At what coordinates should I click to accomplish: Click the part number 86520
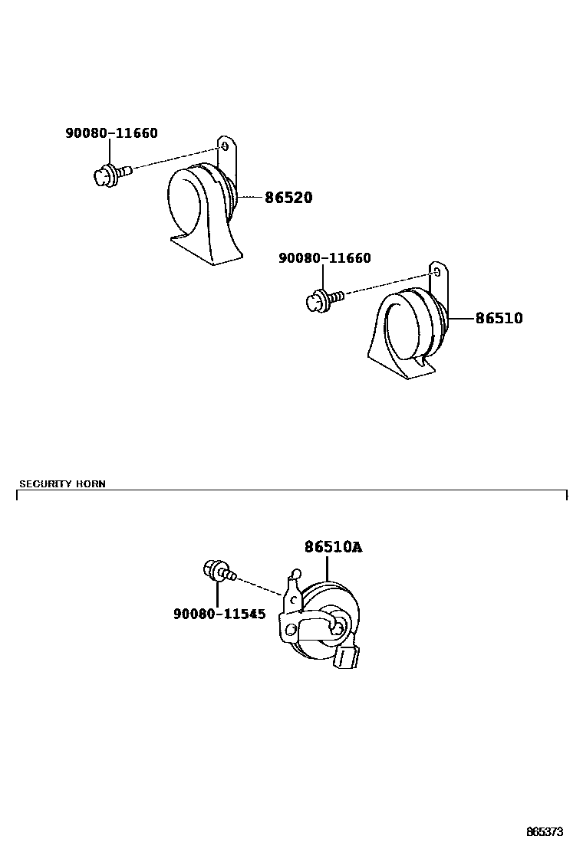[288, 198]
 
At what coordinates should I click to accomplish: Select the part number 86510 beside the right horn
[499, 317]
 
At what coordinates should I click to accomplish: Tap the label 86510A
[332, 547]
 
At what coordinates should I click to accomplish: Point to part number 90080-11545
[219, 614]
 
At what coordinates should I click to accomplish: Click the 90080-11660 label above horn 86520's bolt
[111, 133]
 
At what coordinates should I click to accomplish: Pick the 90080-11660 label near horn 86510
[324, 258]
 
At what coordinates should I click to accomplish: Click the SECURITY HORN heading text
[62, 483]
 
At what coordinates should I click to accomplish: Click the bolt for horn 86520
[110, 174]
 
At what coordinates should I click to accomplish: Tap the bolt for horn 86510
[322, 299]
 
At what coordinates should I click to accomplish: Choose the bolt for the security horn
[217, 571]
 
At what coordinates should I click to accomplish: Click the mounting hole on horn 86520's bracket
[224, 146]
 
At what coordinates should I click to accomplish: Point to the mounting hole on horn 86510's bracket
[436, 270]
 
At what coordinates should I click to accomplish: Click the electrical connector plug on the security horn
[347, 656]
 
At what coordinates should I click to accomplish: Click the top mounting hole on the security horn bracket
[295, 574]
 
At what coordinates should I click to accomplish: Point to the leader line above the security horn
[327, 569]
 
